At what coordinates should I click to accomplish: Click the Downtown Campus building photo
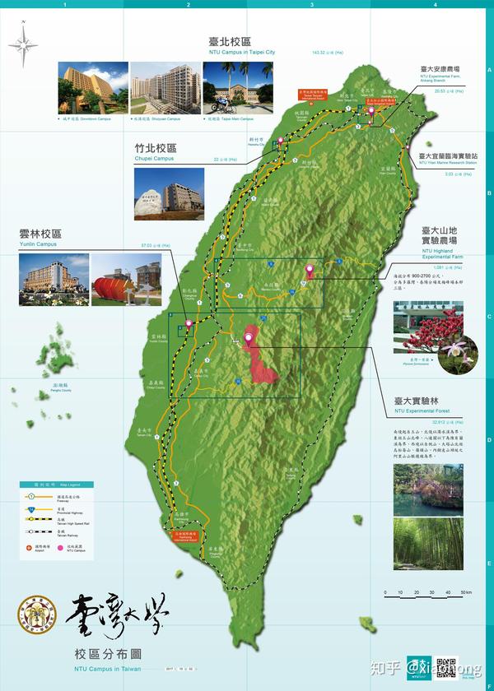[x=93, y=88]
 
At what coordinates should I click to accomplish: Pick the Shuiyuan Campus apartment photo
[x=165, y=88]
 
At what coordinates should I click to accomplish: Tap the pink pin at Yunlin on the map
[x=189, y=323]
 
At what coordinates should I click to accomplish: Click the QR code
[x=445, y=668]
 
